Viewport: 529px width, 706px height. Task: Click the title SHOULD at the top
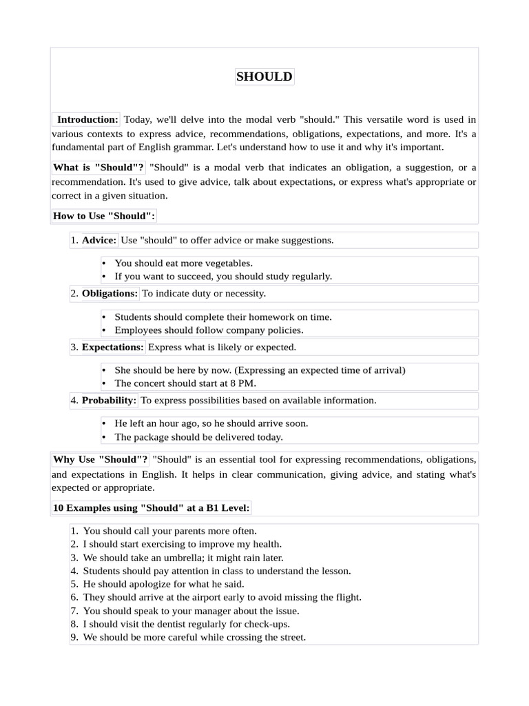pos(264,77)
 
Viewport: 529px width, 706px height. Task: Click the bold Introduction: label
pos(87,119)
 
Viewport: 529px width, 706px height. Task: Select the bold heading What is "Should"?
pos(98,168)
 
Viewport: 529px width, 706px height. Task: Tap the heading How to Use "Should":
pos(104,216)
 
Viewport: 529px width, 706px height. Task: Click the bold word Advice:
pos(99,240)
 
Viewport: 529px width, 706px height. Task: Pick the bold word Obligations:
pos(110,293)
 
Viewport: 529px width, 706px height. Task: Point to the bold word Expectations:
pos(113,347)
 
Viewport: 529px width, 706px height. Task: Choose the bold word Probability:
pos(109,400)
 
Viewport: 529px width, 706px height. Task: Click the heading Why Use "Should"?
pos(101,459)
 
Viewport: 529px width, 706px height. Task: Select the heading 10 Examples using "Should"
pos(152,508)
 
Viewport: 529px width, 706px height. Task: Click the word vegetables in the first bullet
pos(229,263)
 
